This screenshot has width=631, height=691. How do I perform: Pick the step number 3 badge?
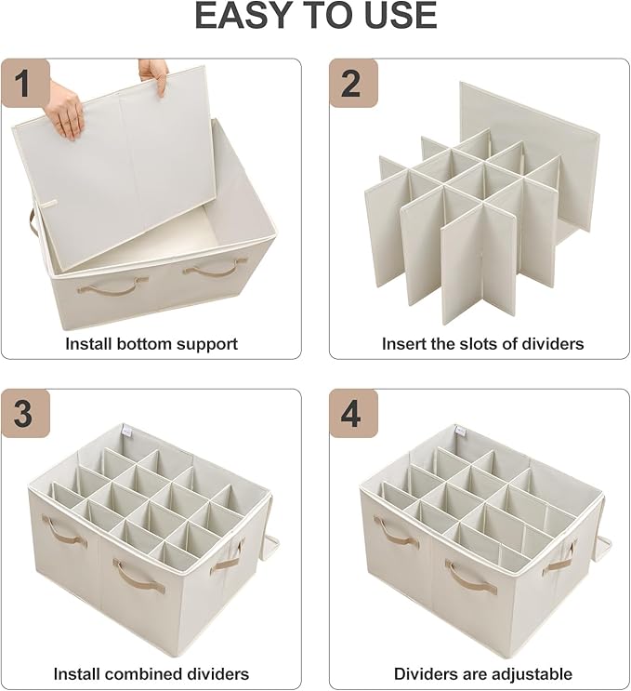pos(25,414)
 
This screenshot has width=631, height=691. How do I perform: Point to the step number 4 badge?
pos(353,414)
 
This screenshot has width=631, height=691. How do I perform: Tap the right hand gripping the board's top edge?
pos(154,73)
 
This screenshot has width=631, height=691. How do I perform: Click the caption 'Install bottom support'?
pos(151,343)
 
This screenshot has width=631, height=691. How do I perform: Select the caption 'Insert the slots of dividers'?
pos(482,343)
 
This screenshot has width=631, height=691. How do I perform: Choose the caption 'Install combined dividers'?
pos(151,673)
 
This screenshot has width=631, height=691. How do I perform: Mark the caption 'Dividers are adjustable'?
pos(482,673)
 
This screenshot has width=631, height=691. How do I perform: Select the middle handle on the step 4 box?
pos(470,577)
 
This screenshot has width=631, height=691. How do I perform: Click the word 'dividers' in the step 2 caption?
pos(554,343)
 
